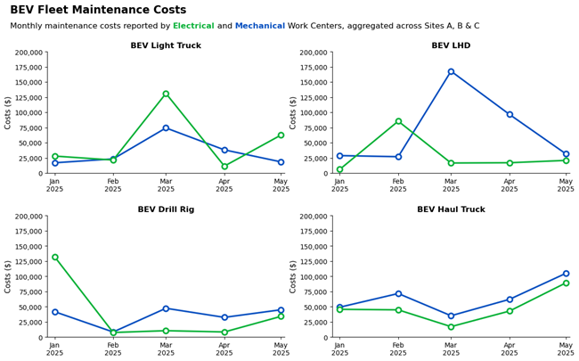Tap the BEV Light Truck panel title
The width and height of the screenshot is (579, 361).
[x=166, y=45]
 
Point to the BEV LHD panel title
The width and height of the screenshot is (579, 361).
[x=451, y=45]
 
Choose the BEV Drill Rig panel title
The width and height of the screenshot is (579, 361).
[x=166, y=209]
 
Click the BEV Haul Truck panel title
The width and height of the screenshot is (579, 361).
[x=451, y=209]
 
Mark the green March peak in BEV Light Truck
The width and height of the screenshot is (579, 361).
[x=166, y=94]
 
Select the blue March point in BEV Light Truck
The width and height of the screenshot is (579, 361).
[x=166, y=127]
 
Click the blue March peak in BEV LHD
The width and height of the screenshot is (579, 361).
[x=451, y=71]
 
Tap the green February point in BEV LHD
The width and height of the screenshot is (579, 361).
[x=398, y=121]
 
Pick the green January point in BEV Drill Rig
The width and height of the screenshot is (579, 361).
[x=55, y=257]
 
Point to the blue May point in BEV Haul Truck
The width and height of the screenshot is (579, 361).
[x=566, y=274]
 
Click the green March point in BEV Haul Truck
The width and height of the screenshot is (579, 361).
[x=451, y=326]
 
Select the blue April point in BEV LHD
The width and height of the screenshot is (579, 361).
[x=510, y=114]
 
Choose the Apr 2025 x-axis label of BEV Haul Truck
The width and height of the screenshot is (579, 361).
[x=510, y=349]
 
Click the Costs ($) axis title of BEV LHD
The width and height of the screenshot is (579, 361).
[x=295, y=112]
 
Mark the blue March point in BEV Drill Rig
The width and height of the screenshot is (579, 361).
[x=166, y=308]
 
